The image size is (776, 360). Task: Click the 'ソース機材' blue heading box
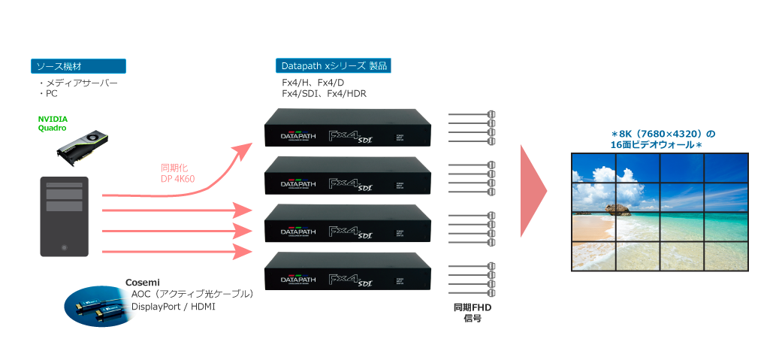77,66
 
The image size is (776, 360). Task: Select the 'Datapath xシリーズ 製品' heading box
334,65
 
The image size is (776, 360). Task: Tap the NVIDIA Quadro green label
53,123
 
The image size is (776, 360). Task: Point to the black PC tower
64,218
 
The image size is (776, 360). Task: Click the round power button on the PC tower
64,247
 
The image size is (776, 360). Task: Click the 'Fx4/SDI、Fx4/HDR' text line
324,93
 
